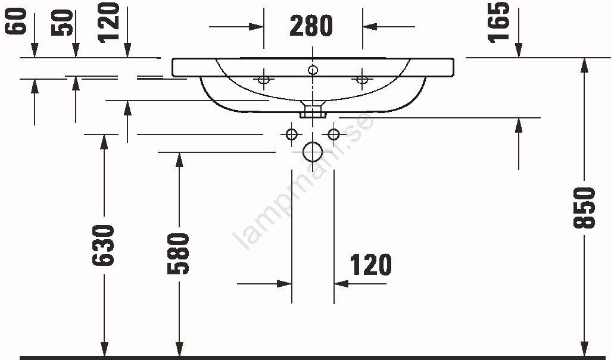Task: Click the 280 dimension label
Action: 311,26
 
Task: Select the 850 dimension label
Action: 584,208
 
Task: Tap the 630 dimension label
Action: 103,246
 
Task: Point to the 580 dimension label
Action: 179,253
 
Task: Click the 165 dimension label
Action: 499,22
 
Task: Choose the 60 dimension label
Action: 15,21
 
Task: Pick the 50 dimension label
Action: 63,23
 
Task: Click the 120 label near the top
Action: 108,22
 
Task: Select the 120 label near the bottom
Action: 371,265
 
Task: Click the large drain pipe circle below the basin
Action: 313,152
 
